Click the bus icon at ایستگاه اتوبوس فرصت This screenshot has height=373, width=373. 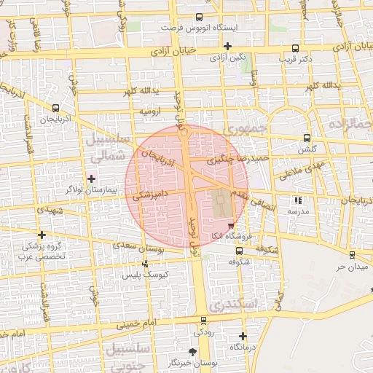pyautogui.click(x=200, y=16)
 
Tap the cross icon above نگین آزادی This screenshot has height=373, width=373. pyautogui.click(x=227, y=45)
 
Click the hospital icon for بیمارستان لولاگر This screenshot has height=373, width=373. pyautogui.click(x=91, y=178)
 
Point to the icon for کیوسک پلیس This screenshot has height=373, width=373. pyautogui.click(x=146, y=264)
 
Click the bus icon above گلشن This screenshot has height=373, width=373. pyautogui.click(x=307, y=137)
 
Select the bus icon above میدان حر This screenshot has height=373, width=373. pyautogui.click(x=353, y=255)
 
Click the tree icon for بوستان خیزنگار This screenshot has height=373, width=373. pyautogui.click(x=192, y=351)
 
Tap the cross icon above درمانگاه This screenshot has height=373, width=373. pyautogui.click(x=243, y=336)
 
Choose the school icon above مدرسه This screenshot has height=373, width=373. pyautogui.click(x=297, y=200)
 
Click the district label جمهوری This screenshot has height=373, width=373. pyautogui.click(x=241, y=129)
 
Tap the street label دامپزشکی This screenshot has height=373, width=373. pyautogui.click(x=152, y=194)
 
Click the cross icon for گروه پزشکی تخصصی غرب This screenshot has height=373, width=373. pyautogui.click(x=42, y=235)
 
